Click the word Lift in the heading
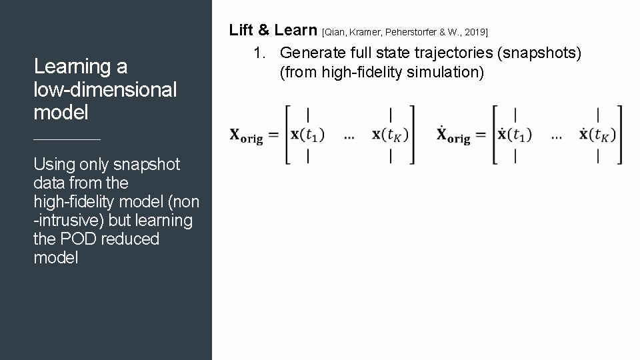click(241, 30)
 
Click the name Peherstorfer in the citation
click(406, 32)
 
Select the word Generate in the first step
click(310, 53)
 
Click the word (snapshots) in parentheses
click(540, 53)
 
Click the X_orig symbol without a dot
click(246, 136)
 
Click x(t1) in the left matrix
click(307, 135)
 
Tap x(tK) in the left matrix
click(390, 135)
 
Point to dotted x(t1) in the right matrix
click(515, 135)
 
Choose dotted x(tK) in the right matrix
click(597, 135)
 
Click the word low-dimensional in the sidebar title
click(105, 89)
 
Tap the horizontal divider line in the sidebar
click(67, 139)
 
